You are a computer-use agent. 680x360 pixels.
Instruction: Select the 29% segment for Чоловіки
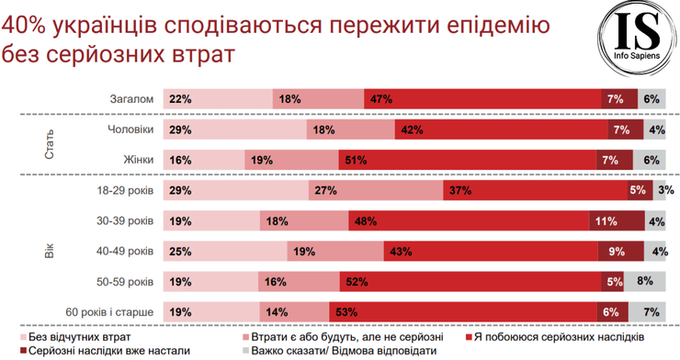[x=233, y=129]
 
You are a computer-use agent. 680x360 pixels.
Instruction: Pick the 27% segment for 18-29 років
[x=376, y=190]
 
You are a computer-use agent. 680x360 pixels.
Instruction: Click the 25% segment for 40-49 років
[x=225, y=251]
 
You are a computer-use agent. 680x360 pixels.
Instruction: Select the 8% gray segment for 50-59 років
[x=645, y=281]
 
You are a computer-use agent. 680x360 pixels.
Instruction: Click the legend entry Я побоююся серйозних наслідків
[x=561, y=337]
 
